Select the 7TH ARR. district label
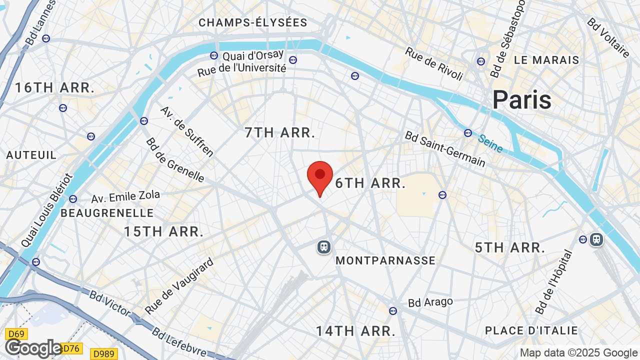coord(280,132)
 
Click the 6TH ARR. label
coord(370,183)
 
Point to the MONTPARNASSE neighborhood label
coord(385,260)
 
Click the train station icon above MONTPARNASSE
coord(324,246)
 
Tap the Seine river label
coord(490,143)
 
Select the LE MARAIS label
coord(546,60)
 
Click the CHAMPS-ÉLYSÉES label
coord(253,22)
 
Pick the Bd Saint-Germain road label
coord(445,148)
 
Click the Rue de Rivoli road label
coord(434,64)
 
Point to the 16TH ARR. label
coord(54,88)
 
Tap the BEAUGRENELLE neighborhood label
coord(107,213)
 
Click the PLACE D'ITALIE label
coord(531,330)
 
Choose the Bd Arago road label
coord(430,302)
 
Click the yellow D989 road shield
coord(104,354)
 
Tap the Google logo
coord(33,348)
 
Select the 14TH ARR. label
coord(355,331)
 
